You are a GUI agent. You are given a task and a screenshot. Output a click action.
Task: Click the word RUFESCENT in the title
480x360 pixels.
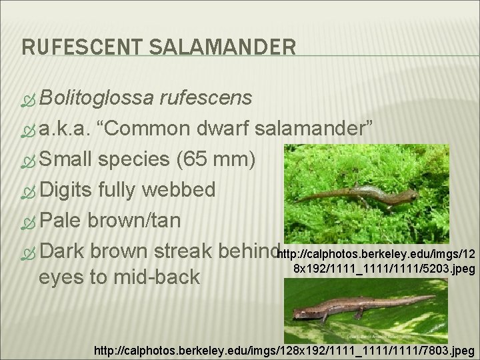[76, 47]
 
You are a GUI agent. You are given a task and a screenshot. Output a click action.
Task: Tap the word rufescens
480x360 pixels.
[206, 99]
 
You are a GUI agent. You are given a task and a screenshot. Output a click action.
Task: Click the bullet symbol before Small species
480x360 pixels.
[29, 160]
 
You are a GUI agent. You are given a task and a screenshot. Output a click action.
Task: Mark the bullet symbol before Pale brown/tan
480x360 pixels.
[29, 221]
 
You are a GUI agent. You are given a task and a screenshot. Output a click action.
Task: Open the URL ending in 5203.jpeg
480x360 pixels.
[376, 261]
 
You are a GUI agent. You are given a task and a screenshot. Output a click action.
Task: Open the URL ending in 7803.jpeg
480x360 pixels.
[285, 349]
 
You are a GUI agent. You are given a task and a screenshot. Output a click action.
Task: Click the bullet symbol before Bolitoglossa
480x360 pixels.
[29, 99]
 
